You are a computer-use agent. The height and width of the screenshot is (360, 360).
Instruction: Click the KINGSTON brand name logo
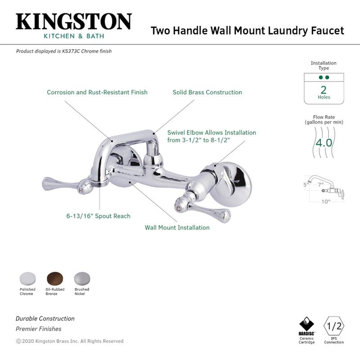click(x=74, y=21)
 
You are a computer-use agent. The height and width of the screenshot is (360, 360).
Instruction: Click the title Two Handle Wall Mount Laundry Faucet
click(x=247, y=31)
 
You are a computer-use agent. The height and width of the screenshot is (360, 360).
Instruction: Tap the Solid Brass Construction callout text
click(x=207, y=92)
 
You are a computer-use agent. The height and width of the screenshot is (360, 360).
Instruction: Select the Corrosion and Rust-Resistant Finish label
click(x=97, y=92)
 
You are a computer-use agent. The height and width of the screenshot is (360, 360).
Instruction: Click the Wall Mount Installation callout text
click(x=177, y=227)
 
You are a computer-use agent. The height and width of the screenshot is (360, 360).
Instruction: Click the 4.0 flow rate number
click(x=323, y=143)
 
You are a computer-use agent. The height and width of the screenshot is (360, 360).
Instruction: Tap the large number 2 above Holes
click(x=324, y=89)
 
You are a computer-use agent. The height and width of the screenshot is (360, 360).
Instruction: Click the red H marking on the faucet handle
click(x=81, y=190)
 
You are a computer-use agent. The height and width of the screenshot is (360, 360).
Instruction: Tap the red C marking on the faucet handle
click(x=179, y=208)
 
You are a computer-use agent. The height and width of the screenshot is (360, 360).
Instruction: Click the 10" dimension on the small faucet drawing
click(x=325, y=201)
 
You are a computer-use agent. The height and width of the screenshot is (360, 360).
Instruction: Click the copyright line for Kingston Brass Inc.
click(x=70, y=341)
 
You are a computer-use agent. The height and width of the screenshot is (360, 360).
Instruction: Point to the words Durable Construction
click(x=45, y=318)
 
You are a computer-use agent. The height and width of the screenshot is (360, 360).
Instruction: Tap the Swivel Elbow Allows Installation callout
click(x=211, y=136)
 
